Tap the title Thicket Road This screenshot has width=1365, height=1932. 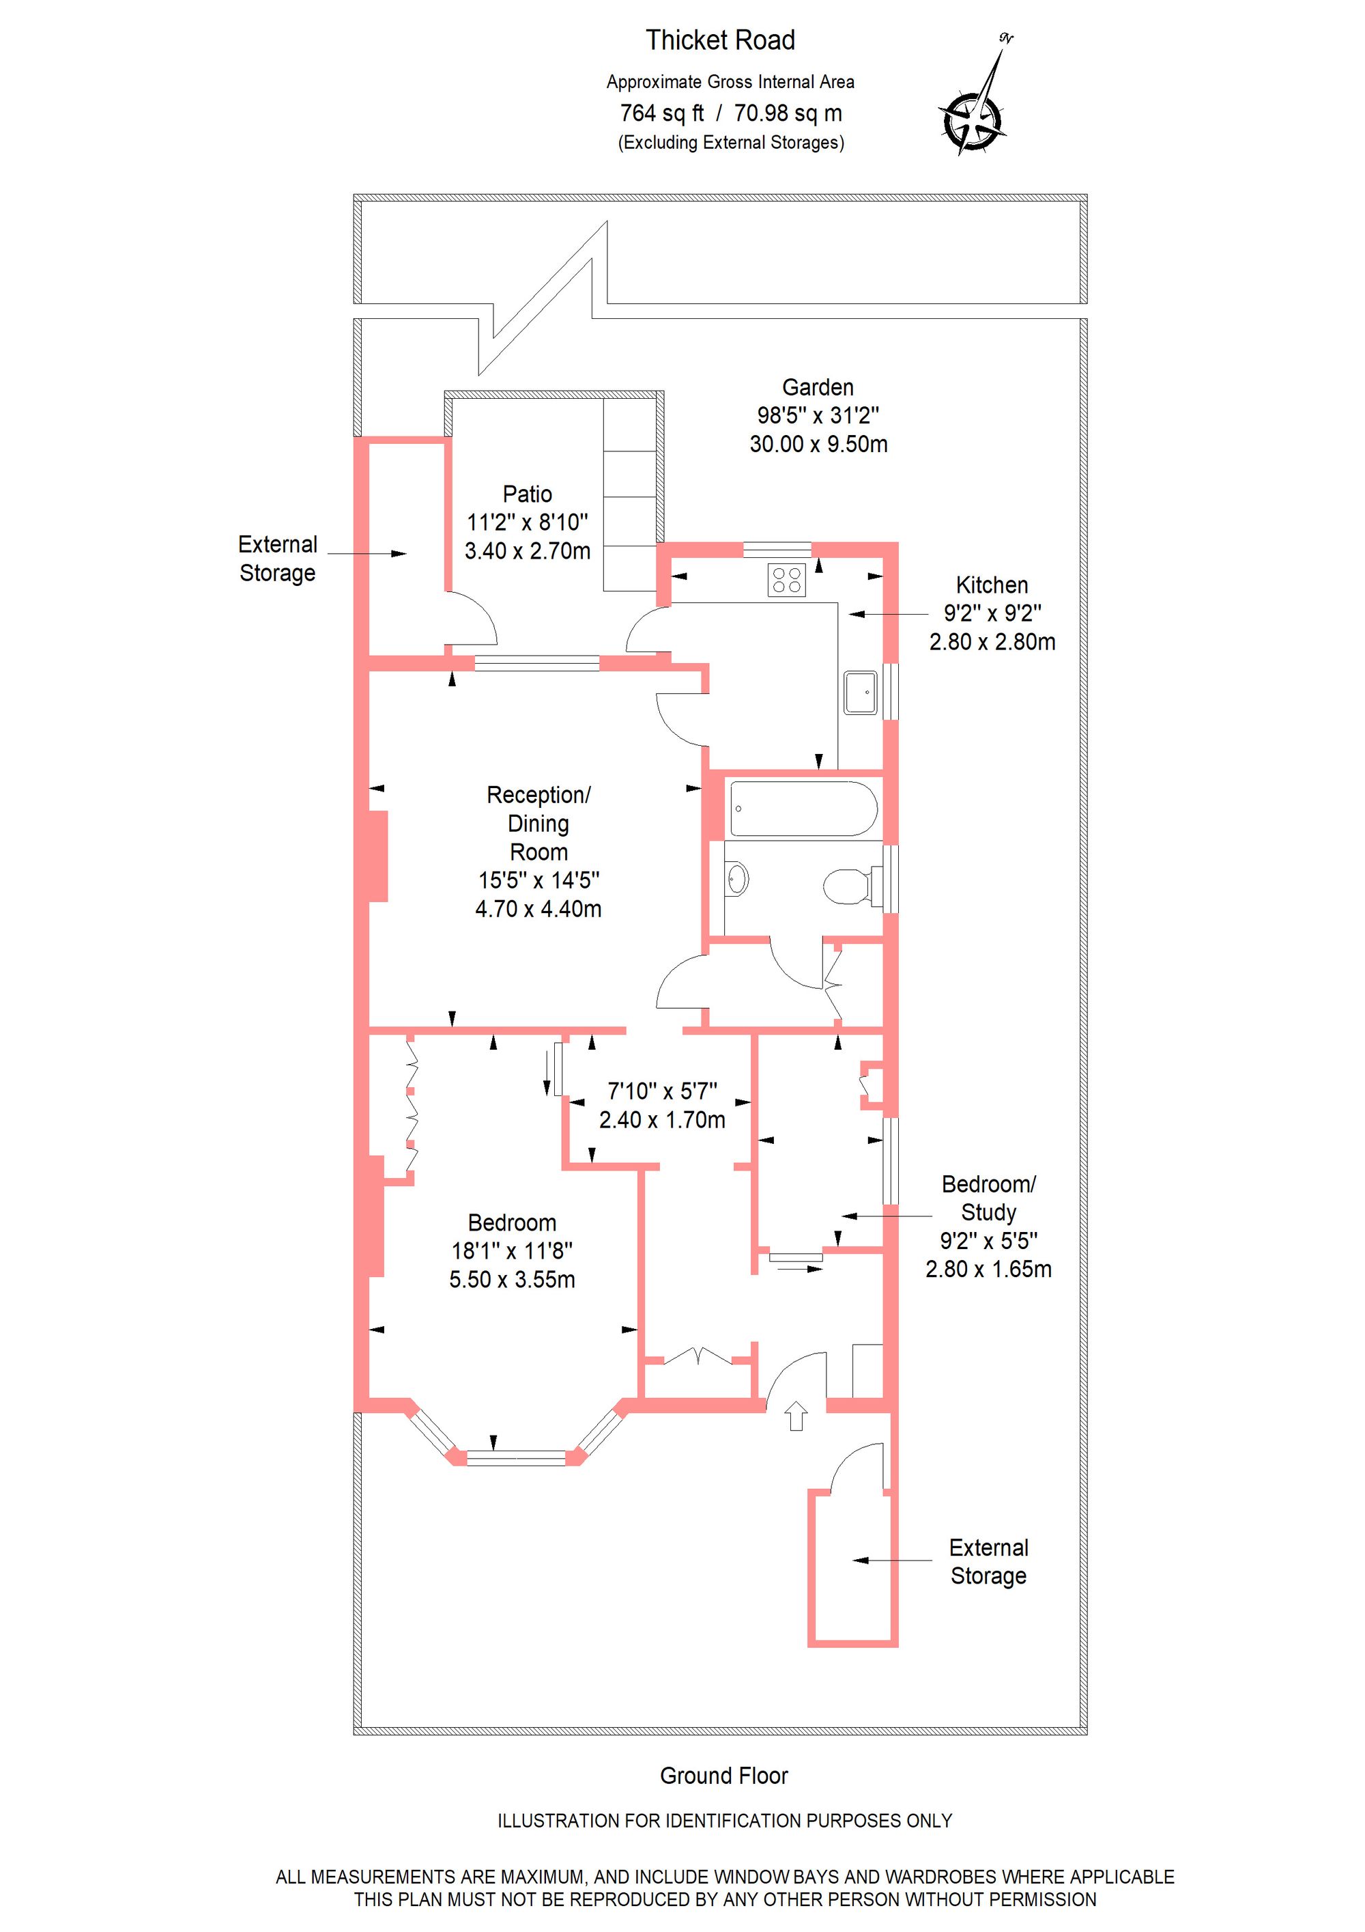pos(720,40)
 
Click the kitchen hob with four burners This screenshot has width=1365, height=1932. pos(786,579)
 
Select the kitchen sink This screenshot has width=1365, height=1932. pos(861,692)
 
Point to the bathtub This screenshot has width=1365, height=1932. pos(803,808)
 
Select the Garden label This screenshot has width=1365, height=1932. pos(818,387)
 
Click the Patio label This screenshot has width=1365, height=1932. pos(528,494)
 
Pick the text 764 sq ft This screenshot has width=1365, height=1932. pos(661,113)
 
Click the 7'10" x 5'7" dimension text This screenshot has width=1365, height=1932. pos(662,1091)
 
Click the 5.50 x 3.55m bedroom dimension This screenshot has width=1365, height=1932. pos(511,1280)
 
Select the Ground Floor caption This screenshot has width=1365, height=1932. pos(723,1776)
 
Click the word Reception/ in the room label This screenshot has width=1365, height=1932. pos(538,794)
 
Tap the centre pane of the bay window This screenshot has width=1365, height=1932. pos(517,1457)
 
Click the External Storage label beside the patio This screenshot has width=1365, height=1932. pos(278,558)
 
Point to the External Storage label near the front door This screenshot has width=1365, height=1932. pos(988,1562)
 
